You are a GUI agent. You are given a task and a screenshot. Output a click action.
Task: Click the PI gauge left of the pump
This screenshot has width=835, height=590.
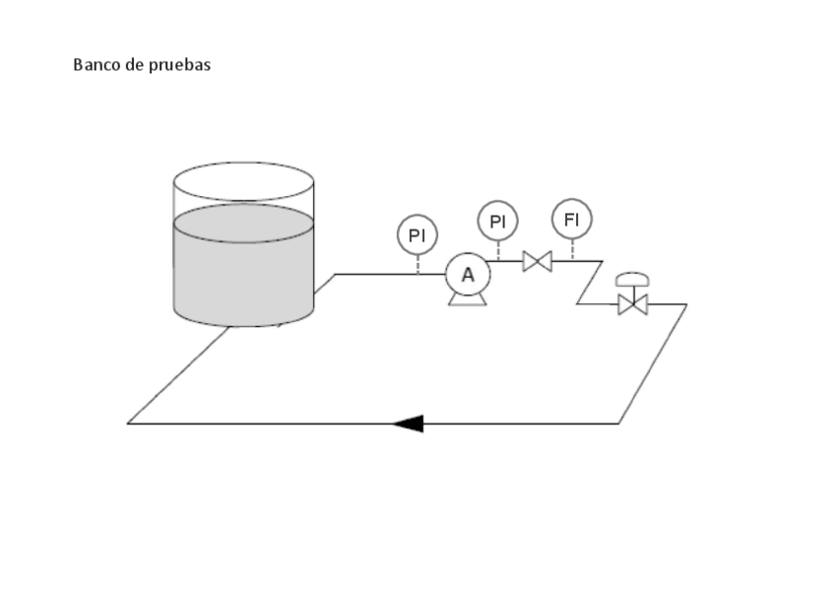(x=417, y=236)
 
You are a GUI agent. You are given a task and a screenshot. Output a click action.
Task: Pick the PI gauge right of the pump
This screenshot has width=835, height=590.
(x=497, y=222)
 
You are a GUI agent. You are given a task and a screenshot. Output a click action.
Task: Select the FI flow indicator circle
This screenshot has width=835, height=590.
(x=571, y=219)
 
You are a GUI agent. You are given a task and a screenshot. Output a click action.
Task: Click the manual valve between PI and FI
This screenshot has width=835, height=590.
(x=537, y=261)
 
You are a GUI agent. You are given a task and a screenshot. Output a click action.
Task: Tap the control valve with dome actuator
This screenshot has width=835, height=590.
(x=632, y=304)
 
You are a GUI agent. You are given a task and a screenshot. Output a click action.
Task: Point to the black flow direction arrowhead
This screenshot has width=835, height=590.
(x=409, y=424)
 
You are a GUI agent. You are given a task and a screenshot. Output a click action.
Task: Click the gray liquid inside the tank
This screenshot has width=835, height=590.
(x=243, y=271)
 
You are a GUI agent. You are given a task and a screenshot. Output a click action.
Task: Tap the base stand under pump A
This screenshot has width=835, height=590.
(x=468, y=299)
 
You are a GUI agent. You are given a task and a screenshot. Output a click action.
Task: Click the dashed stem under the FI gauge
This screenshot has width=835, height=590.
(x=571, y=249)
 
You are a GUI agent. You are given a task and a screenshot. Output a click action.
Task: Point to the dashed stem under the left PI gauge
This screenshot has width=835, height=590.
(x=417, y=264)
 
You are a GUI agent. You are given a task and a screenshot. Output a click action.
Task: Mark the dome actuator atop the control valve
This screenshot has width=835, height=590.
(x=632, y=280)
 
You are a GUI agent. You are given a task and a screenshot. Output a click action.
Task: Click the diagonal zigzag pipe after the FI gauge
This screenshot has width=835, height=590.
(x=589, y=283)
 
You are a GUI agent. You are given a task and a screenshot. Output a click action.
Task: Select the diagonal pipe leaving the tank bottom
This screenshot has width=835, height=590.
(x=177, y=376)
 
